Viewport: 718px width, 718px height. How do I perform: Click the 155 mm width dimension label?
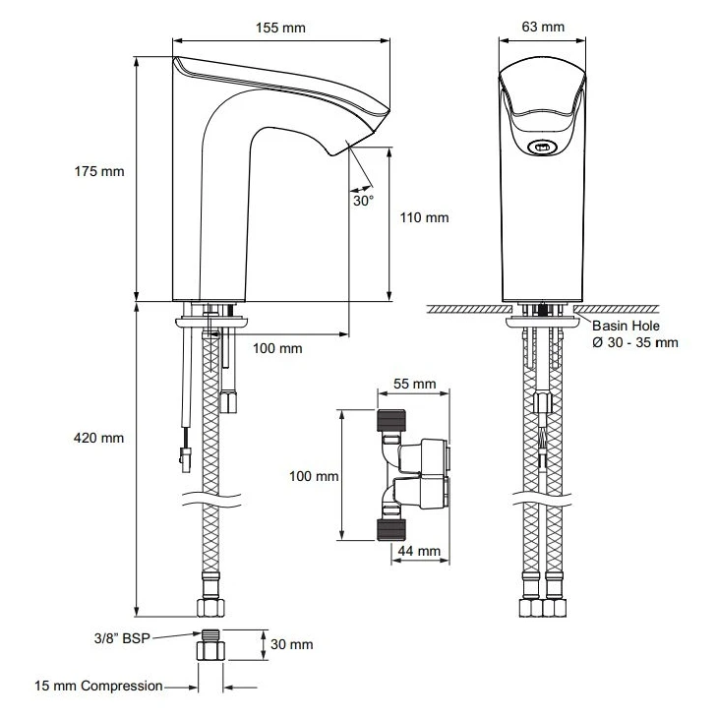tap(280, 28)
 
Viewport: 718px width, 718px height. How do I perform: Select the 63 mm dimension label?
tap(543, 27)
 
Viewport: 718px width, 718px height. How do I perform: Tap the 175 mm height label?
tap(99, 171)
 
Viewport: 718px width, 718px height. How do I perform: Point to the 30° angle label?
tap(363, 201)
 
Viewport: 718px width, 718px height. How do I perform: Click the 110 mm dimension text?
tap(424, 217)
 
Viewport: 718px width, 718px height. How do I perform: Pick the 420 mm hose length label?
tap(99, 438)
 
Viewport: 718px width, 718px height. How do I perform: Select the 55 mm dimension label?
tap(415, 384)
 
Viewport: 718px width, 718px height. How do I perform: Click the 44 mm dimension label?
tap(419, 551)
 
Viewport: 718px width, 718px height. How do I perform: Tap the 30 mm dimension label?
tap(292, 644)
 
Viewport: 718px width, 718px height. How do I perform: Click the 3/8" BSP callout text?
tap(122, 638)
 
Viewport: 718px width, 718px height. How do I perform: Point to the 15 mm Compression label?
tap(99, 686)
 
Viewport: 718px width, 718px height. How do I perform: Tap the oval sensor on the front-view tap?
tap(543, 148)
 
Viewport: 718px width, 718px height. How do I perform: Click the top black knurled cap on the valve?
tap(391, 420)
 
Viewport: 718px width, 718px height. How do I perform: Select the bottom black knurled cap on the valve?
tap(391, 529)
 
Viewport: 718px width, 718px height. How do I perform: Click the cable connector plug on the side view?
tap(185, 459)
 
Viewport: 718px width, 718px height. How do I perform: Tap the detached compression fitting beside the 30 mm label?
tap(210, 645)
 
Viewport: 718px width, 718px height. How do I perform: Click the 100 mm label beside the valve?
tap(314, 476)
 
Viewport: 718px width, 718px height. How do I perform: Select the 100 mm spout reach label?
tap(277, 348)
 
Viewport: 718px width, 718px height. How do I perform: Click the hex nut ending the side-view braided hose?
tap(210, 607)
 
